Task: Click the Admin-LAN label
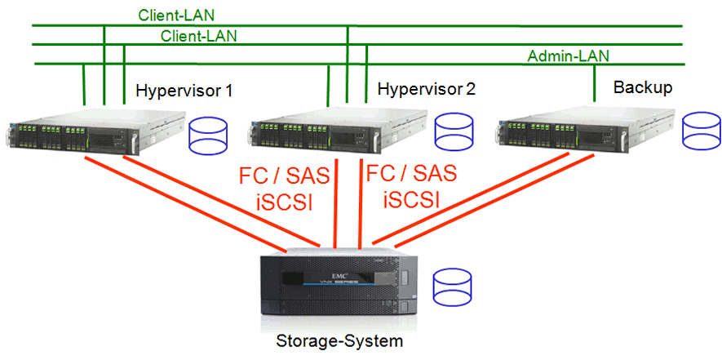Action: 568,56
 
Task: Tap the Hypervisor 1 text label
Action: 184,90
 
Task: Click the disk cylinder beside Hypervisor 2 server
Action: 454,133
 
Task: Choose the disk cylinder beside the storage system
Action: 453,284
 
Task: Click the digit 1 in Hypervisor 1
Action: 228,90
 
